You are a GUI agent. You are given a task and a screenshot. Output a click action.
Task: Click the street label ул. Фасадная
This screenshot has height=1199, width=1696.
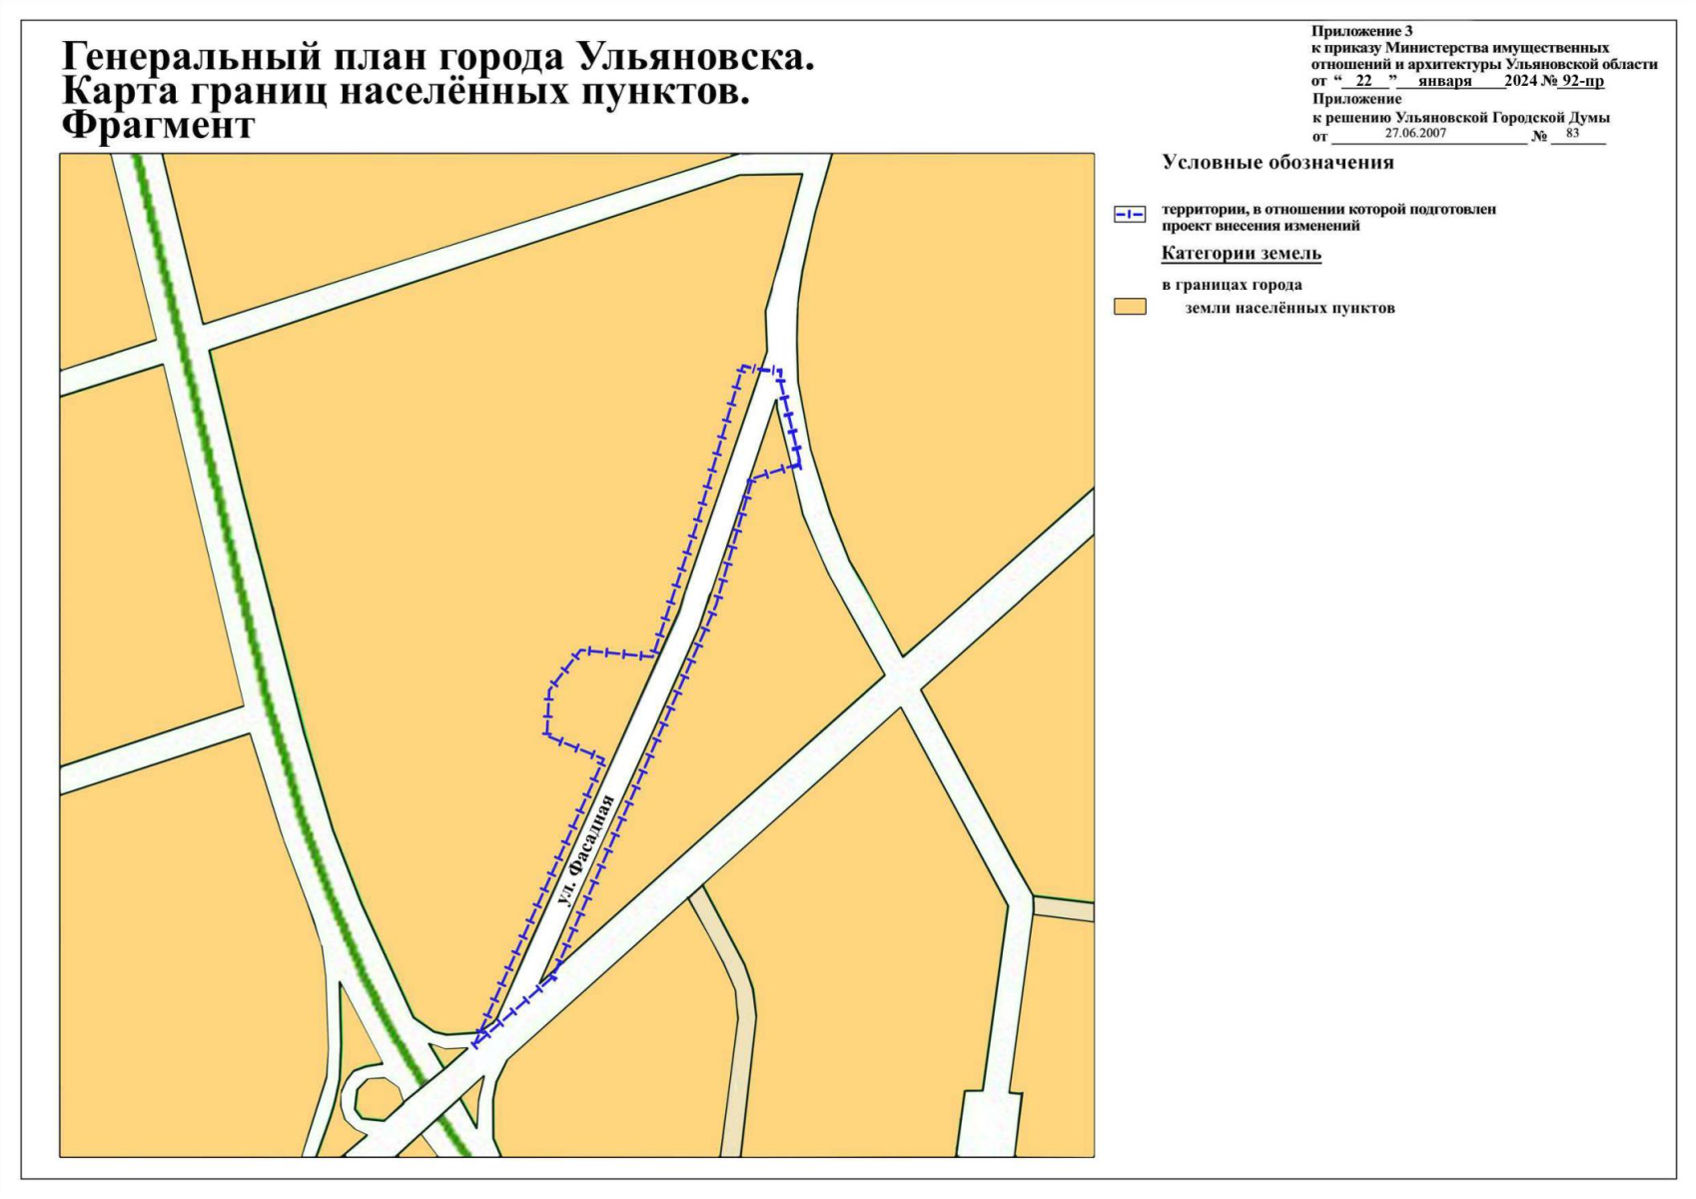point(583,850)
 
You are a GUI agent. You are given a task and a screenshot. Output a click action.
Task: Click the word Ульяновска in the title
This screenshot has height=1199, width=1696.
point(695,58)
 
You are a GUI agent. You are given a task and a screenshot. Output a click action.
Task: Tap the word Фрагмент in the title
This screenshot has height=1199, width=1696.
point(158,127)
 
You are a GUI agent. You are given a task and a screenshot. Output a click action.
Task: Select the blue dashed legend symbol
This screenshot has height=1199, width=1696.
point(1130,215)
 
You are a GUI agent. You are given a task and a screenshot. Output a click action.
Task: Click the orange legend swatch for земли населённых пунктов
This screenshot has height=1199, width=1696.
point(1130,307)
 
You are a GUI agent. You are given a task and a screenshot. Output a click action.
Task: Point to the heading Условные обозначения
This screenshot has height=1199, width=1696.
point(1277,163)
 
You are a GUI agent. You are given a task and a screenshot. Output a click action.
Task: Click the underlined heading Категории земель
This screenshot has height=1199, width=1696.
point(1241,254)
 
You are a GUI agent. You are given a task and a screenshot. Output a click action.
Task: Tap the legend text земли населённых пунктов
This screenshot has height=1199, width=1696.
point(1289,308)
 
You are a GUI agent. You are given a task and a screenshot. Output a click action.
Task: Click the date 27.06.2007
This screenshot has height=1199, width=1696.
point(1415,133)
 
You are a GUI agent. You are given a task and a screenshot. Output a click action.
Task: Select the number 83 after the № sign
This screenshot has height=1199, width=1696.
point(1572,133)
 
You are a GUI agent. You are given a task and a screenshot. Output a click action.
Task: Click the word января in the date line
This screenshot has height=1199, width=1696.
point(1444,81)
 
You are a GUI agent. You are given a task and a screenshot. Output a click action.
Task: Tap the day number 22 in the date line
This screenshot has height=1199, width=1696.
point(1364,81)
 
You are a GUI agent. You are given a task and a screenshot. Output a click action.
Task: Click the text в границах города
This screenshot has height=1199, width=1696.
point(1232,285)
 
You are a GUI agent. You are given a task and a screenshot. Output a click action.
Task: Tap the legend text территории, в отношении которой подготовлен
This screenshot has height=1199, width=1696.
point(1328,210)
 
